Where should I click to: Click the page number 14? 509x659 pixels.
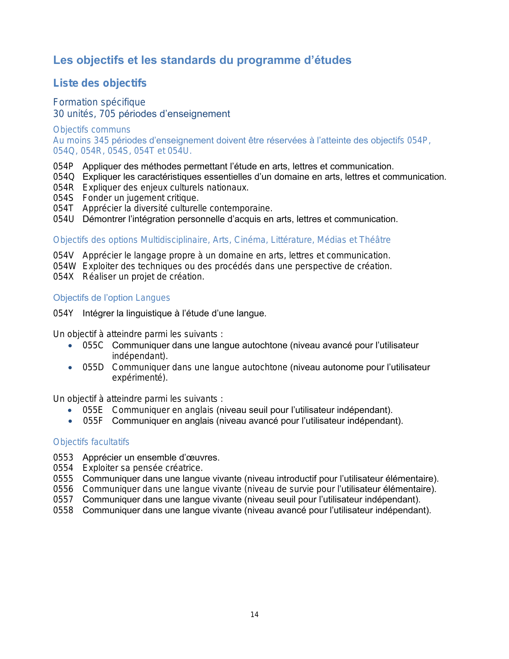click(254, 615)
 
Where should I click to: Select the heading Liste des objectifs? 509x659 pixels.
click(100, 83)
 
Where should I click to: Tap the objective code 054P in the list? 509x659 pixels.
click(63, 167)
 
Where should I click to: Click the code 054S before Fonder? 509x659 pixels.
click(63, 198)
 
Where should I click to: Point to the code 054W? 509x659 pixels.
click(64, 266)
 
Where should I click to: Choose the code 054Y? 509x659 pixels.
click(63, 314)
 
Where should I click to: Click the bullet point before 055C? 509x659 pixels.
click(71, 345)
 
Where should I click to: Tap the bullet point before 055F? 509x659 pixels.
click(71, 421)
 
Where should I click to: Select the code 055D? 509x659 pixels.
click(93, 367)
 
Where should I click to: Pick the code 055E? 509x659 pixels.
click(93, 410)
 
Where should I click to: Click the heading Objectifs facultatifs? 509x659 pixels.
click(91, 442)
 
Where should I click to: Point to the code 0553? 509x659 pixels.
click(63, 458)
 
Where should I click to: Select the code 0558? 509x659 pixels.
click(63, 510)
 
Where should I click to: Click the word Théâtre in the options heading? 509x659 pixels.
click(375, 240)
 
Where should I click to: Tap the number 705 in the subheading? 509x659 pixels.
click(107, 114)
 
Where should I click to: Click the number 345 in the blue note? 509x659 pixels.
click(102, 141)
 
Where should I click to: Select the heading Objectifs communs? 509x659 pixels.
click(91, 130)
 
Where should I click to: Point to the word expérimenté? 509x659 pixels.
click(139, 378)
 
